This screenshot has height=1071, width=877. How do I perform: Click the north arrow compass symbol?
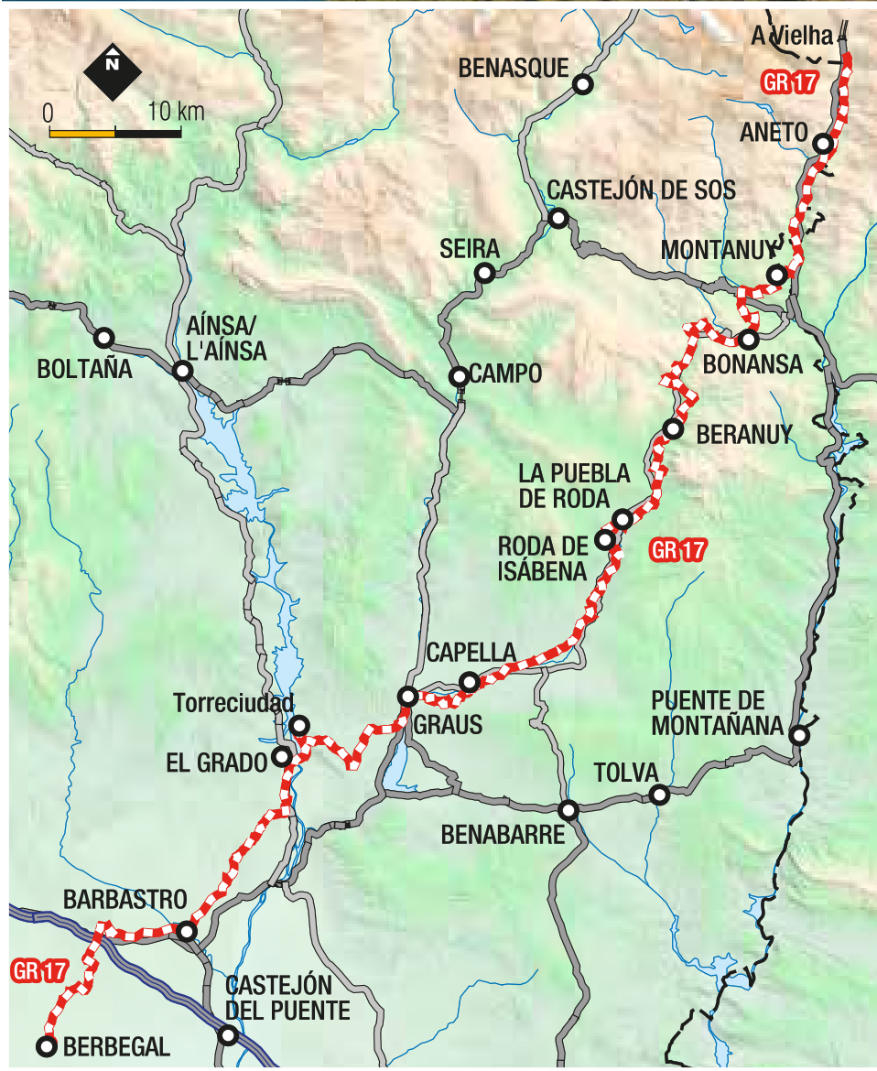point(112,70)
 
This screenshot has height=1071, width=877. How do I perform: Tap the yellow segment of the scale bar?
point(81,133)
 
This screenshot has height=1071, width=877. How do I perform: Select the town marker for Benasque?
point(582,85)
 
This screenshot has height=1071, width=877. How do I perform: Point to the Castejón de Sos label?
point(641,190)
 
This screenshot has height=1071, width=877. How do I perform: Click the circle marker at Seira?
point(484,272)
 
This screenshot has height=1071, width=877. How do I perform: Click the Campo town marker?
point(458,376)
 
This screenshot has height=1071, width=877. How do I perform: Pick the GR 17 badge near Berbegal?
point(38,970)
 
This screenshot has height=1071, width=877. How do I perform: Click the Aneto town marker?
point(823,144)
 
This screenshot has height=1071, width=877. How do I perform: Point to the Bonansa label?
point(752,364)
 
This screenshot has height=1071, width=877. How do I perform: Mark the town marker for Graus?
point(408,697)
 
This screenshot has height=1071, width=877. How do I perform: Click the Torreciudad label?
point(233,703)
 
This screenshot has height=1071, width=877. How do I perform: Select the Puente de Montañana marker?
point(799,734)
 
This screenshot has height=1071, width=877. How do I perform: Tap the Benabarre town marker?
point(568,810)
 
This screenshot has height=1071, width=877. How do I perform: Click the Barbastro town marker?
point(187,931)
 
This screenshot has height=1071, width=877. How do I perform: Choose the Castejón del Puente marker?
point(228,1035)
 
